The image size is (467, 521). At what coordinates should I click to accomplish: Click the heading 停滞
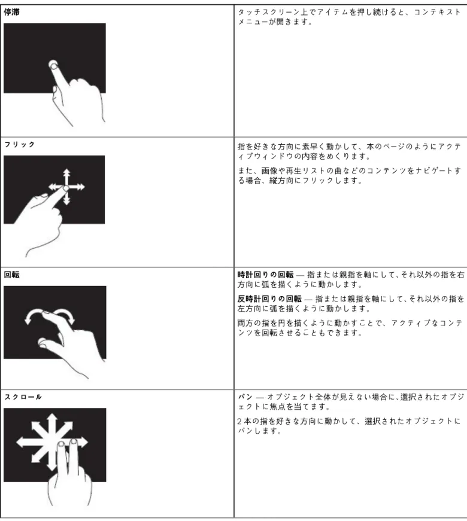coord(11,13)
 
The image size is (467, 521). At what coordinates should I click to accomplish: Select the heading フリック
coord(20,144)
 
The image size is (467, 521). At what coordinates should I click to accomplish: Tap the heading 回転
coord(11,275)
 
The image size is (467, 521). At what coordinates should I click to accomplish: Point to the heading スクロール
coord(23,397)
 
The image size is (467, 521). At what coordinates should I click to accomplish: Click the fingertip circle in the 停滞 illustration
coord(53,65)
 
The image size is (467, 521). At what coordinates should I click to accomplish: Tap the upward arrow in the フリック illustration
coord(67,177)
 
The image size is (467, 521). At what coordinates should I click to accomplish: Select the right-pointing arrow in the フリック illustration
coord(77,187)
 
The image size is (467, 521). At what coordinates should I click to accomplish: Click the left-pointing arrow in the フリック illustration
coord(56,187)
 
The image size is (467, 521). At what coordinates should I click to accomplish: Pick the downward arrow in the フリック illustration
coord(67,198)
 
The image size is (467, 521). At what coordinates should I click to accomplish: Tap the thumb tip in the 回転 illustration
coord(43,342)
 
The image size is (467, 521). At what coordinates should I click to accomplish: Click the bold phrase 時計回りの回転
coord(265,275)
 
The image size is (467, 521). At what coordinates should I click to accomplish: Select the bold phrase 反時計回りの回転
coord(269,299)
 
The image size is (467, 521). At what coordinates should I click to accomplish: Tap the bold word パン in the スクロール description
coord(245,397)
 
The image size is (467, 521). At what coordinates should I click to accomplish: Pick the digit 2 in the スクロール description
coord(239,421)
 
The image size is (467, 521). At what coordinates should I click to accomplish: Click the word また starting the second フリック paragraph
coord(245,171)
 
